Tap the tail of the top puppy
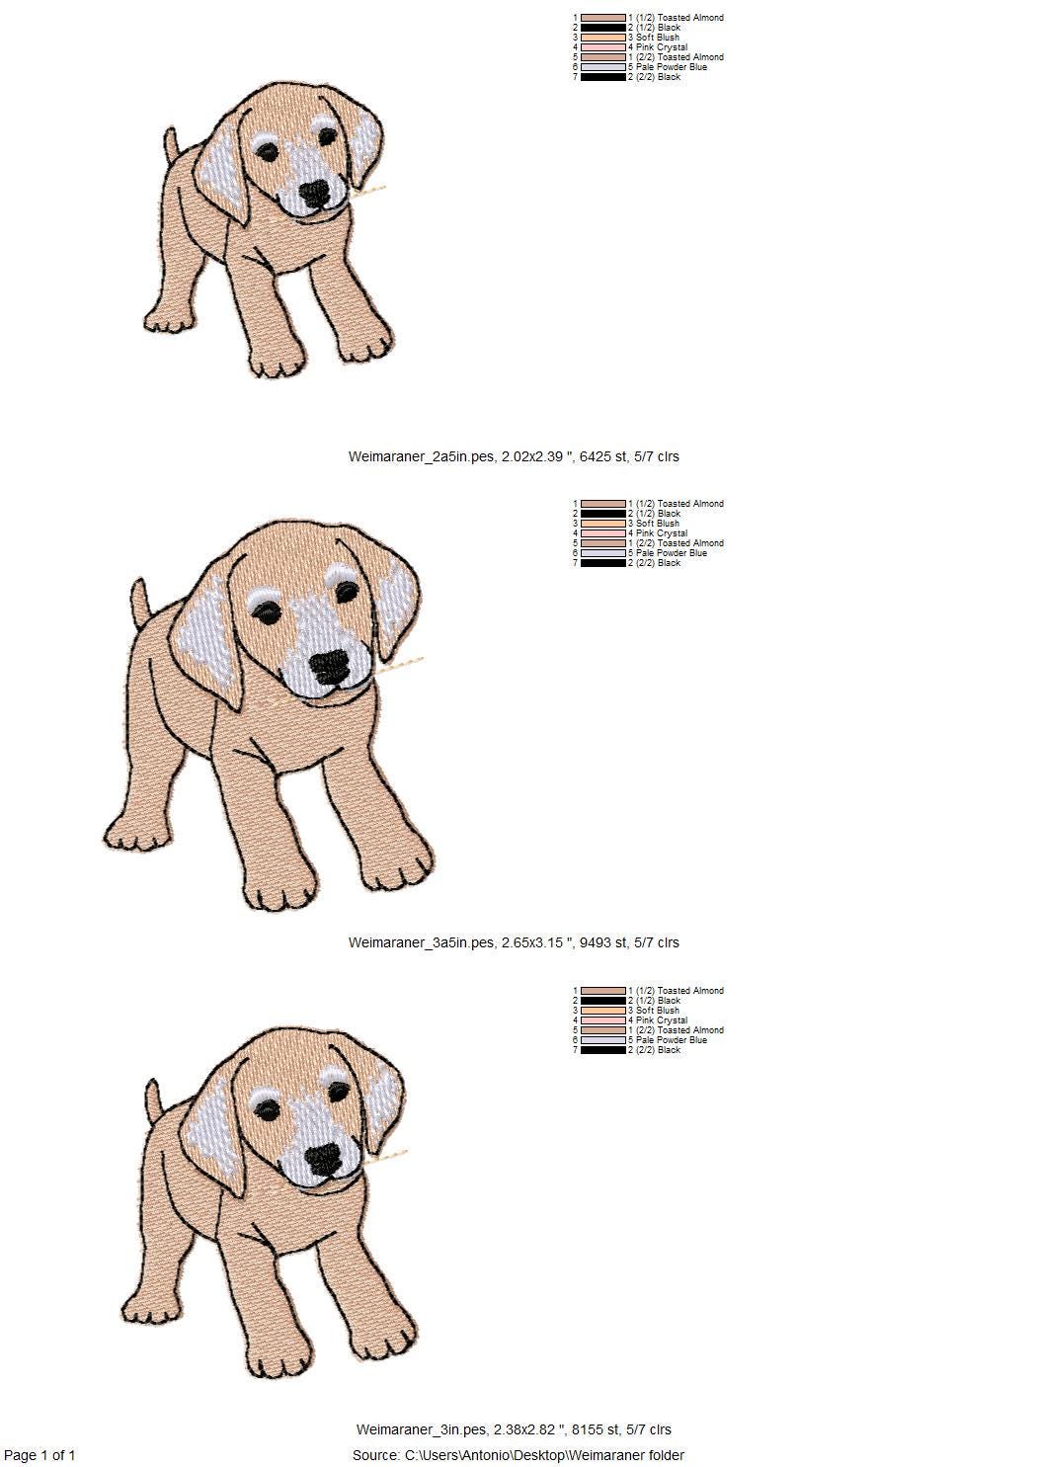point(171,145)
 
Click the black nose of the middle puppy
point(331,667)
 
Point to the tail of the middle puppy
point(141,604)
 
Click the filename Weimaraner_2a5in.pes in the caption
point(422,456)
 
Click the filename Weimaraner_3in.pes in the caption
point(422,1429)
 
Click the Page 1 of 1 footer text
point(40,1455)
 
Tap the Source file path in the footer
point(518,1455)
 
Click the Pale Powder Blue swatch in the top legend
point(603,67)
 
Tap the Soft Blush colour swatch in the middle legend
point(603,524)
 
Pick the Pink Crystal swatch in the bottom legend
point(603,1020)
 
